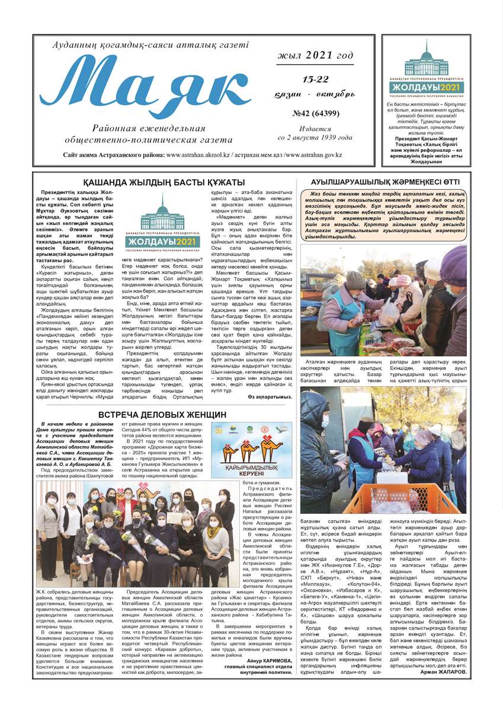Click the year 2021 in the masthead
315,55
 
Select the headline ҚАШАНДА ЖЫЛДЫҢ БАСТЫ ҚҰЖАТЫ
164,182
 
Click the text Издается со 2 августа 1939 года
315,133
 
